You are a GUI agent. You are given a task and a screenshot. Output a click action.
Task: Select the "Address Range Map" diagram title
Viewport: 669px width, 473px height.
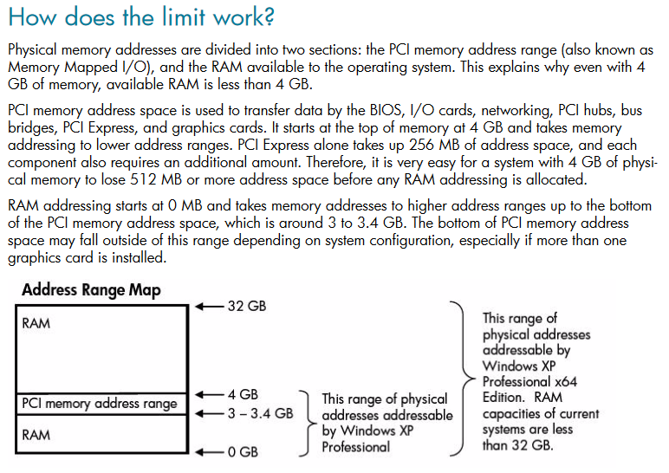tap(91, 290)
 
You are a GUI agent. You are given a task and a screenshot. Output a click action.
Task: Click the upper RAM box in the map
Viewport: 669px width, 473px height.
tap(103, 351)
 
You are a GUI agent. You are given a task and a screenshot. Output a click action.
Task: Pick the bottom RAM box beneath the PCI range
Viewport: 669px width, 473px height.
tap(103, 434)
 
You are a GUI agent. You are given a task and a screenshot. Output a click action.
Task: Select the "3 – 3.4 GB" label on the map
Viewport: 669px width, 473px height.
tap(260, 413)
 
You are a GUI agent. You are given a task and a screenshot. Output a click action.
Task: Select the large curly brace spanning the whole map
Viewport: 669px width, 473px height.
tap(457, 379)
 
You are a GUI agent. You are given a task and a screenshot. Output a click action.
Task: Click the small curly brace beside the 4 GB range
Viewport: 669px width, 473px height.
tap(306, 422)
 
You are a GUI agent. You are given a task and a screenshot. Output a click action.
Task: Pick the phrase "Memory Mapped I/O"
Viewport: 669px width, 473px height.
tap(64, 67)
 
